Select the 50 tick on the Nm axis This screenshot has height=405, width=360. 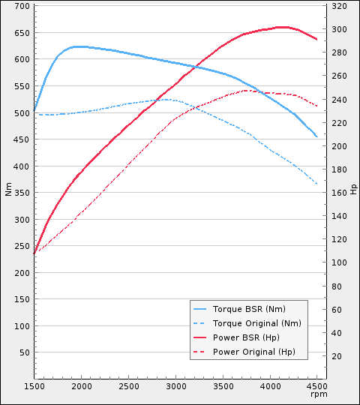click(x=25, y=352)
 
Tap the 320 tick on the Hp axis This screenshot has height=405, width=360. click(x=339, y=6)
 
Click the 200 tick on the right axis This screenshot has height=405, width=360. click(x=339, y=146)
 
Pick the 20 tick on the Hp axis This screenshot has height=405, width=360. click(x=337, y=356)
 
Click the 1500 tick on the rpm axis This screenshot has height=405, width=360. click(x=34, y=386)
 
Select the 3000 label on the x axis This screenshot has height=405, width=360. click(x=175, y=386)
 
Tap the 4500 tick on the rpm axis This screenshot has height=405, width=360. click(x=317, y=386)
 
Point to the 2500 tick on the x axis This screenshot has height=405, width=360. click(x=128, y=386)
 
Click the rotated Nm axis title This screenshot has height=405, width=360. click(x=9, y=190)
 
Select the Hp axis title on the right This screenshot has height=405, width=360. click(x=353, y=188)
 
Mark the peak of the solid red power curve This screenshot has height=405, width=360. click(x=282, y=27)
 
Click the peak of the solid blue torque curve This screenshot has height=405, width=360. click(x=77, y=46)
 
